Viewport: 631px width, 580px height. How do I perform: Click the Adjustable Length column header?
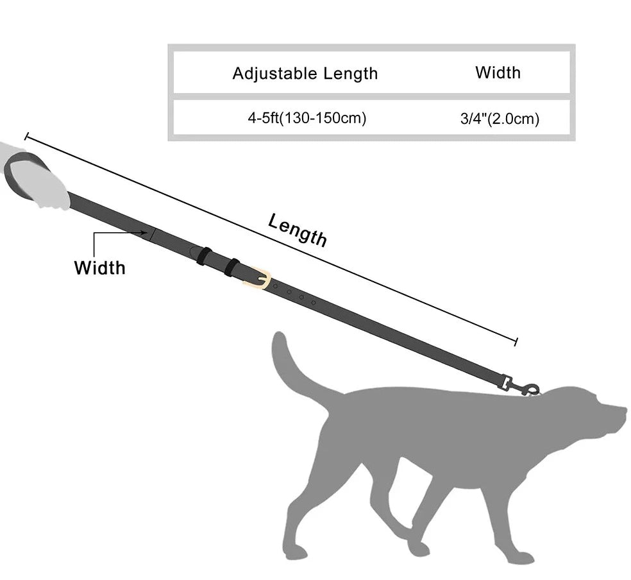coord(305,73)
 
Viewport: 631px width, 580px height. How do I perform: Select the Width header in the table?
coord(498,72)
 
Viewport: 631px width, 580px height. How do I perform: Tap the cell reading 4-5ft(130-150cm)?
coord(307,118)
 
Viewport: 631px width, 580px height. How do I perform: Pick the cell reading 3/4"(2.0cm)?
coord(500,119)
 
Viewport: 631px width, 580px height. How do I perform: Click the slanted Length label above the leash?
coord(298,230)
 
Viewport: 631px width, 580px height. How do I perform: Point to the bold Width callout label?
coord(99,267)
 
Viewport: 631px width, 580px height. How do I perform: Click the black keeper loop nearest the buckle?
coord(231,267)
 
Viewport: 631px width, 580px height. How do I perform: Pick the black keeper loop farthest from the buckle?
coord(203,255)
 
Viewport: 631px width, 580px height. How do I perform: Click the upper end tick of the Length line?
coord(26,136)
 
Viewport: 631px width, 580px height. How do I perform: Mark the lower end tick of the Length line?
coord(516,341)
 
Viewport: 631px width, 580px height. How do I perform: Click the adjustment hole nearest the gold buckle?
coord(276,286)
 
